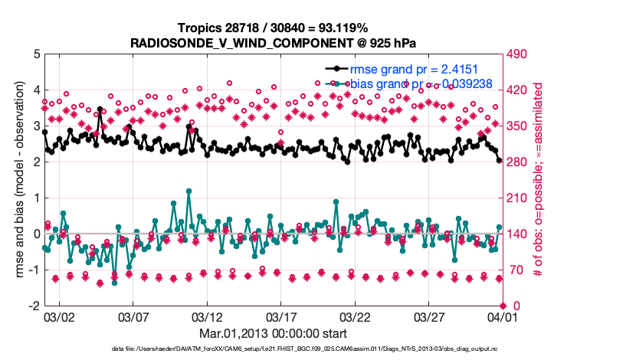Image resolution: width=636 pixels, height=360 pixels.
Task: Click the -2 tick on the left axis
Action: [35, 306]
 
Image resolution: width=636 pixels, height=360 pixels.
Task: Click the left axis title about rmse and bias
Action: [19, 180]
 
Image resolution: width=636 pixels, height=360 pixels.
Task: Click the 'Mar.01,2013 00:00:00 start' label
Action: [273, 334]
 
